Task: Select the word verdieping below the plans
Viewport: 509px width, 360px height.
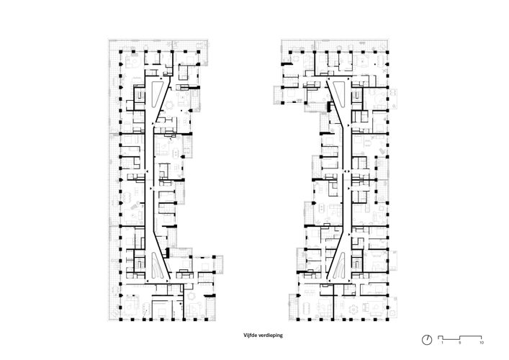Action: click(x=270, y=336)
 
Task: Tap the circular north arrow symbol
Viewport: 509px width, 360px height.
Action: click(x=427, y=340)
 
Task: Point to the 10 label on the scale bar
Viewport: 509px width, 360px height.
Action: click(x=482, y=343)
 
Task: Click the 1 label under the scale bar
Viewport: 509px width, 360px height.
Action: click(x=442, y=343)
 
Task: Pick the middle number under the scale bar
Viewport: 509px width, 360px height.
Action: click(x=459, y=343)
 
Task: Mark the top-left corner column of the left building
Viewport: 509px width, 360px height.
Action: click(x=121, y=52)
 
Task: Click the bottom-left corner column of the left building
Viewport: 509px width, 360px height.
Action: click(x=121, y=320)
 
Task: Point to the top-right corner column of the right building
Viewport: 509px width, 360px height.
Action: click(x=387, y=52)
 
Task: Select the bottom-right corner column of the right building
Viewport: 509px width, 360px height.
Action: click(x=387, y=320)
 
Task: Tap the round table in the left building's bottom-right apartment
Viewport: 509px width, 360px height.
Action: click(x=191, y=296)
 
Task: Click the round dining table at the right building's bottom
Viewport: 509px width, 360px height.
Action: click(x=353, y=309)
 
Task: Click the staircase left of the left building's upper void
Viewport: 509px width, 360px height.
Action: click(x=140, y=95)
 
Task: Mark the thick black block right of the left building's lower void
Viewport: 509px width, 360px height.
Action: click(x=168, y=253)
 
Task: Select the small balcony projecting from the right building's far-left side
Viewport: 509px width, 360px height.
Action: click(x=278, y=95)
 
